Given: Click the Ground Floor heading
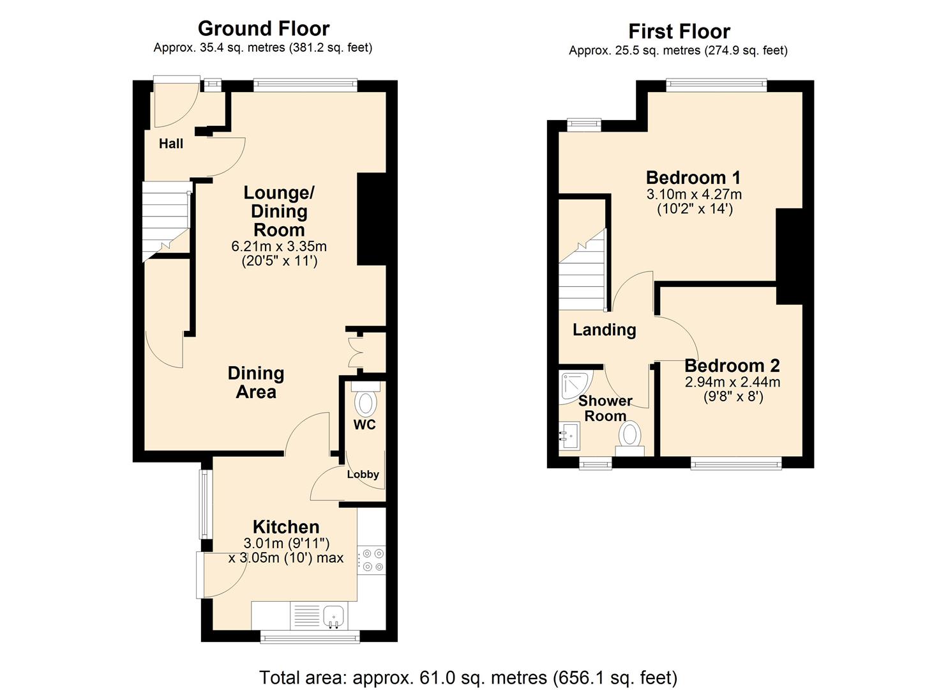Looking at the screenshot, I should (263, 29).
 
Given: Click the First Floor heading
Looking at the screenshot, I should (679, 31).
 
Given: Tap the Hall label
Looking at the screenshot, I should (171, 144).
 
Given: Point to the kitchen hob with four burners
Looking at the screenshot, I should (372, 560).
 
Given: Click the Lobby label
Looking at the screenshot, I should (363, 474).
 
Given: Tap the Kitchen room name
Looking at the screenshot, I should (286, 526).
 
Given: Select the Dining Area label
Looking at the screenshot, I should (256, 382).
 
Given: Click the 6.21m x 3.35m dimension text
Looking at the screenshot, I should (279, 246).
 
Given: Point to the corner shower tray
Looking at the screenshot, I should (574, 387).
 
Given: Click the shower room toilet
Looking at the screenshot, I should (629, 438).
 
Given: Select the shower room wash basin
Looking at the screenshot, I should (569, 438).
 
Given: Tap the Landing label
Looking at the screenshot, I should (604, 330).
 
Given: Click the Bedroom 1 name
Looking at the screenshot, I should (693, 177).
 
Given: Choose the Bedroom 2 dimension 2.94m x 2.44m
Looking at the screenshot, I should (732, 382).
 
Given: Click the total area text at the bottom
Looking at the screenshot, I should (468, 677).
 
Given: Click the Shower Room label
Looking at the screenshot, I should (605, 408).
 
